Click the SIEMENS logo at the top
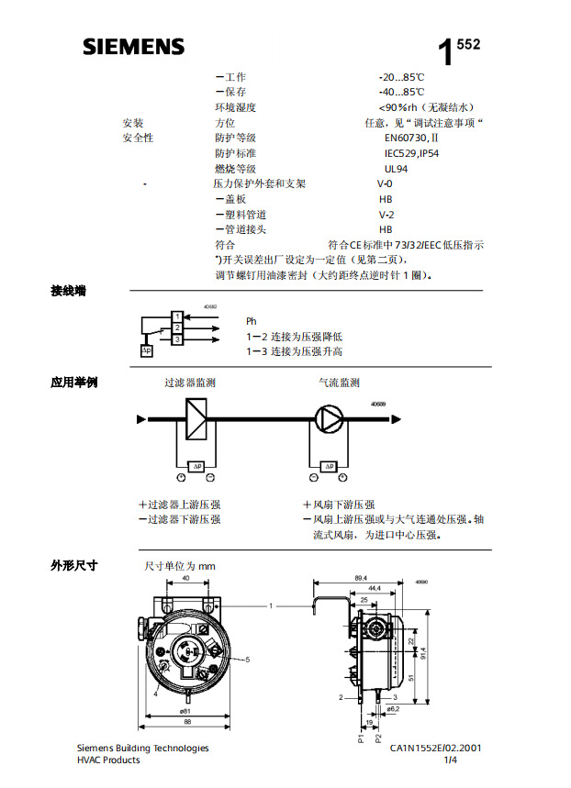133,47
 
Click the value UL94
397,169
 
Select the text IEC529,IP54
411,153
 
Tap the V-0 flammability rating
386,183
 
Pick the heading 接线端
69,291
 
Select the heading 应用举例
74,383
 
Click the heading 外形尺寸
74,565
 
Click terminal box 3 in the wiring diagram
176,339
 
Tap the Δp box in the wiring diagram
147,350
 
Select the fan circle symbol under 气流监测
329,419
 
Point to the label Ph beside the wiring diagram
251,321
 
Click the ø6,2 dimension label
393,709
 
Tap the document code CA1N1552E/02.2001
434,749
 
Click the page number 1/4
450,760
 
